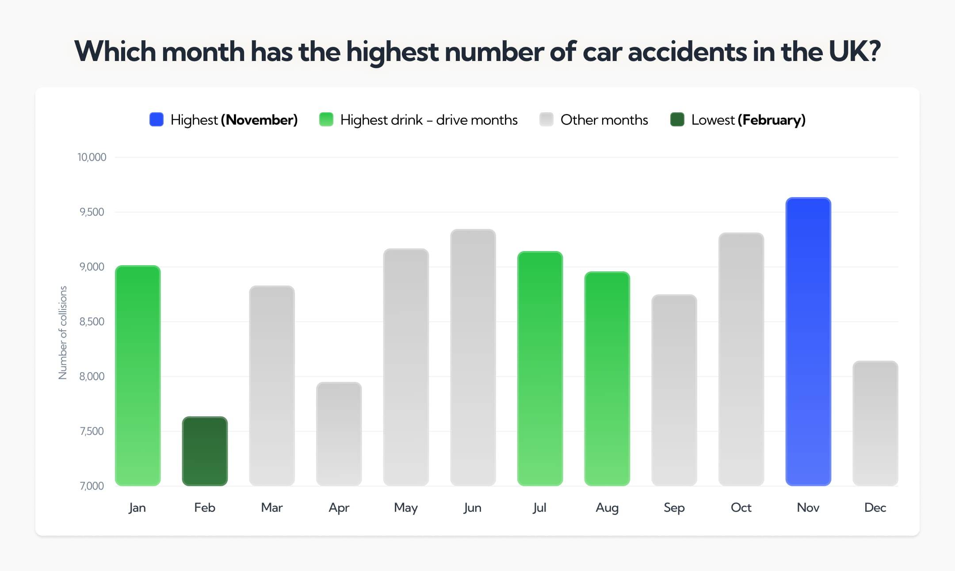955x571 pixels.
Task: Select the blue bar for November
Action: [808, 341]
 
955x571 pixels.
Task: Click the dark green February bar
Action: [205, 451]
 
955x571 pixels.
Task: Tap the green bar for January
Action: [138, 376]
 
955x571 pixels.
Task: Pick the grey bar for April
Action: [339, 434]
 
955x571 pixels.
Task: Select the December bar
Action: [875, 423]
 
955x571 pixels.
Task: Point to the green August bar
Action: [607, 378]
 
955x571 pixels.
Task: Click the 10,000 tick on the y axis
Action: [92, 157]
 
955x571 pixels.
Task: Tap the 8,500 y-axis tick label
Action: [92, 322]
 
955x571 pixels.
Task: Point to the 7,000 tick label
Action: [92, 486]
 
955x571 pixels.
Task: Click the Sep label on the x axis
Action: [674, 507]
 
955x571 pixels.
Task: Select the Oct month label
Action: [741, 507]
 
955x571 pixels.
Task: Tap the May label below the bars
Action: [405, 507]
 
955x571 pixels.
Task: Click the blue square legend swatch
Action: [157, 120]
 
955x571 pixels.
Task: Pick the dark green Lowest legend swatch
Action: [677, 120]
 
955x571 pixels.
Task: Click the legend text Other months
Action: [604, 120]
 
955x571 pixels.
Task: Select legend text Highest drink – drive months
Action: [428, 120]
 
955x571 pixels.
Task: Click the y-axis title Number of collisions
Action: [63, 332]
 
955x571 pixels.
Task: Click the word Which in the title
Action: [115, 51]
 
